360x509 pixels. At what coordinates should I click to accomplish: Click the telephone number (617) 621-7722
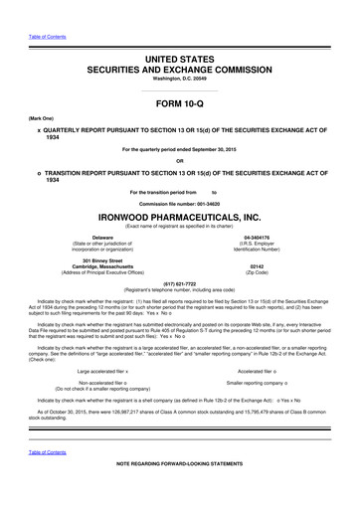[179, 284]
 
